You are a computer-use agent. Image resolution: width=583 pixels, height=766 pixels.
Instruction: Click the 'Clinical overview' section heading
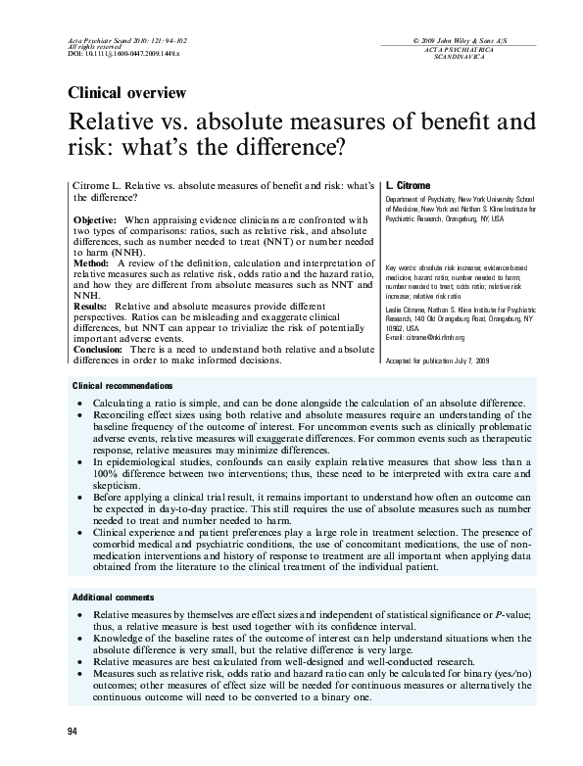(126, 94)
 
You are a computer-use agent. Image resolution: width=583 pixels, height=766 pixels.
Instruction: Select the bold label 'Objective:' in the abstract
(97, 219)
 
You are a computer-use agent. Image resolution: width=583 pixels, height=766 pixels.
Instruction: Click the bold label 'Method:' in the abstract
(91, 263)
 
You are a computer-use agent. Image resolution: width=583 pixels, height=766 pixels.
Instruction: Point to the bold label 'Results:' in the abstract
(91, 307)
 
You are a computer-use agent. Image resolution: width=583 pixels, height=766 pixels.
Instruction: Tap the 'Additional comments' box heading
(113, 597)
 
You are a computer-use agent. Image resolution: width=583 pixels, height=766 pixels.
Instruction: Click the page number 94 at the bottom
(73, 732)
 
